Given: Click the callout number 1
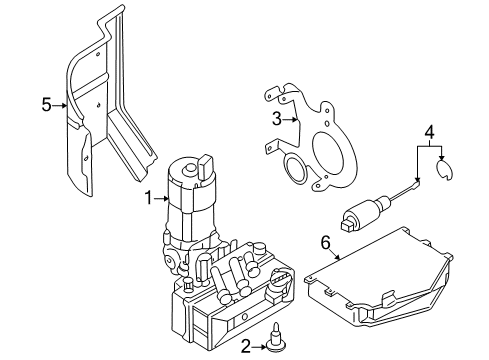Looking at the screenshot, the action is (x=149, y=198).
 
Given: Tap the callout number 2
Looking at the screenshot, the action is (x=246, y=347).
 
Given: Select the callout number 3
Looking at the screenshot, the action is (x=277, y=119).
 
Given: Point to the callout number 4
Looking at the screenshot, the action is (x=430, y=132).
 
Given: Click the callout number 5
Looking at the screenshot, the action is (x=47, y=105).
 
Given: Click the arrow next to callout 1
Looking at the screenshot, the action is (x=162, y=199).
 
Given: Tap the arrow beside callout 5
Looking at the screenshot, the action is (x=60, y=105).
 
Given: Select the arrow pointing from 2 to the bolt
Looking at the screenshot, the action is (x=259, y=347).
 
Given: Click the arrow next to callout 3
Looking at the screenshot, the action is (x=290, y=119).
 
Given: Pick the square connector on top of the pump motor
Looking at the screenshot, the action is (x=205, y=166).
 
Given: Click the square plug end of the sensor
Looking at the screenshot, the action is (x=348, y=224).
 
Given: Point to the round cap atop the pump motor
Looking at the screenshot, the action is (x=190, y=168).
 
